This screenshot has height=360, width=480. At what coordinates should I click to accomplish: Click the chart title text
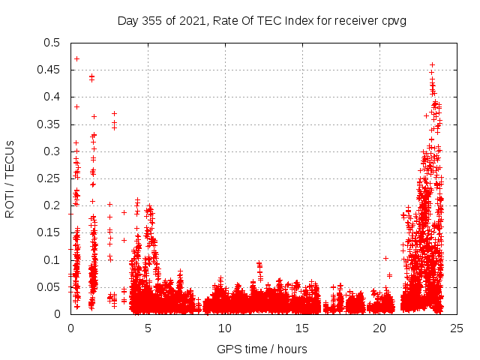tap(262, 20)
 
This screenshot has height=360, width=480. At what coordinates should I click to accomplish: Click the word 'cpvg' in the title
tap(393, 20)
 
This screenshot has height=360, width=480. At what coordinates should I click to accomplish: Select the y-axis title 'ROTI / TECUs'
tap(10, 178)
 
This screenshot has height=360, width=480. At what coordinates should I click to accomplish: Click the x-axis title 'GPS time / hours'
tap(262, 349)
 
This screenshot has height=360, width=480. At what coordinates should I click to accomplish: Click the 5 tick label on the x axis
tap(148, 328)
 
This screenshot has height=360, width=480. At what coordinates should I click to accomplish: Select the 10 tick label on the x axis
tap(225, 328)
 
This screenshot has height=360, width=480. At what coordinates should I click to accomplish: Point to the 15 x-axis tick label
tap(302, 328)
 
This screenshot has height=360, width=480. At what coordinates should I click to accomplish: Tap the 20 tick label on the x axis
tap(379, 328)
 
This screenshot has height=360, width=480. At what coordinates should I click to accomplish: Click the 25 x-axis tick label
tap(457, 328)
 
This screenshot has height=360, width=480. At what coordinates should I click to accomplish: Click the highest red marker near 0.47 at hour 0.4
tap(76, 58)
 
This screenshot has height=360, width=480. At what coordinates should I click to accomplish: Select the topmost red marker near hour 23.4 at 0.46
tap(432, 64)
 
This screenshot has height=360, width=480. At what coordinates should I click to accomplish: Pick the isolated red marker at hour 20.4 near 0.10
tap(385, 258)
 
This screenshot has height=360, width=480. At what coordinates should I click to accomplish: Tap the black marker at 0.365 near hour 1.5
tap(94, 116)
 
